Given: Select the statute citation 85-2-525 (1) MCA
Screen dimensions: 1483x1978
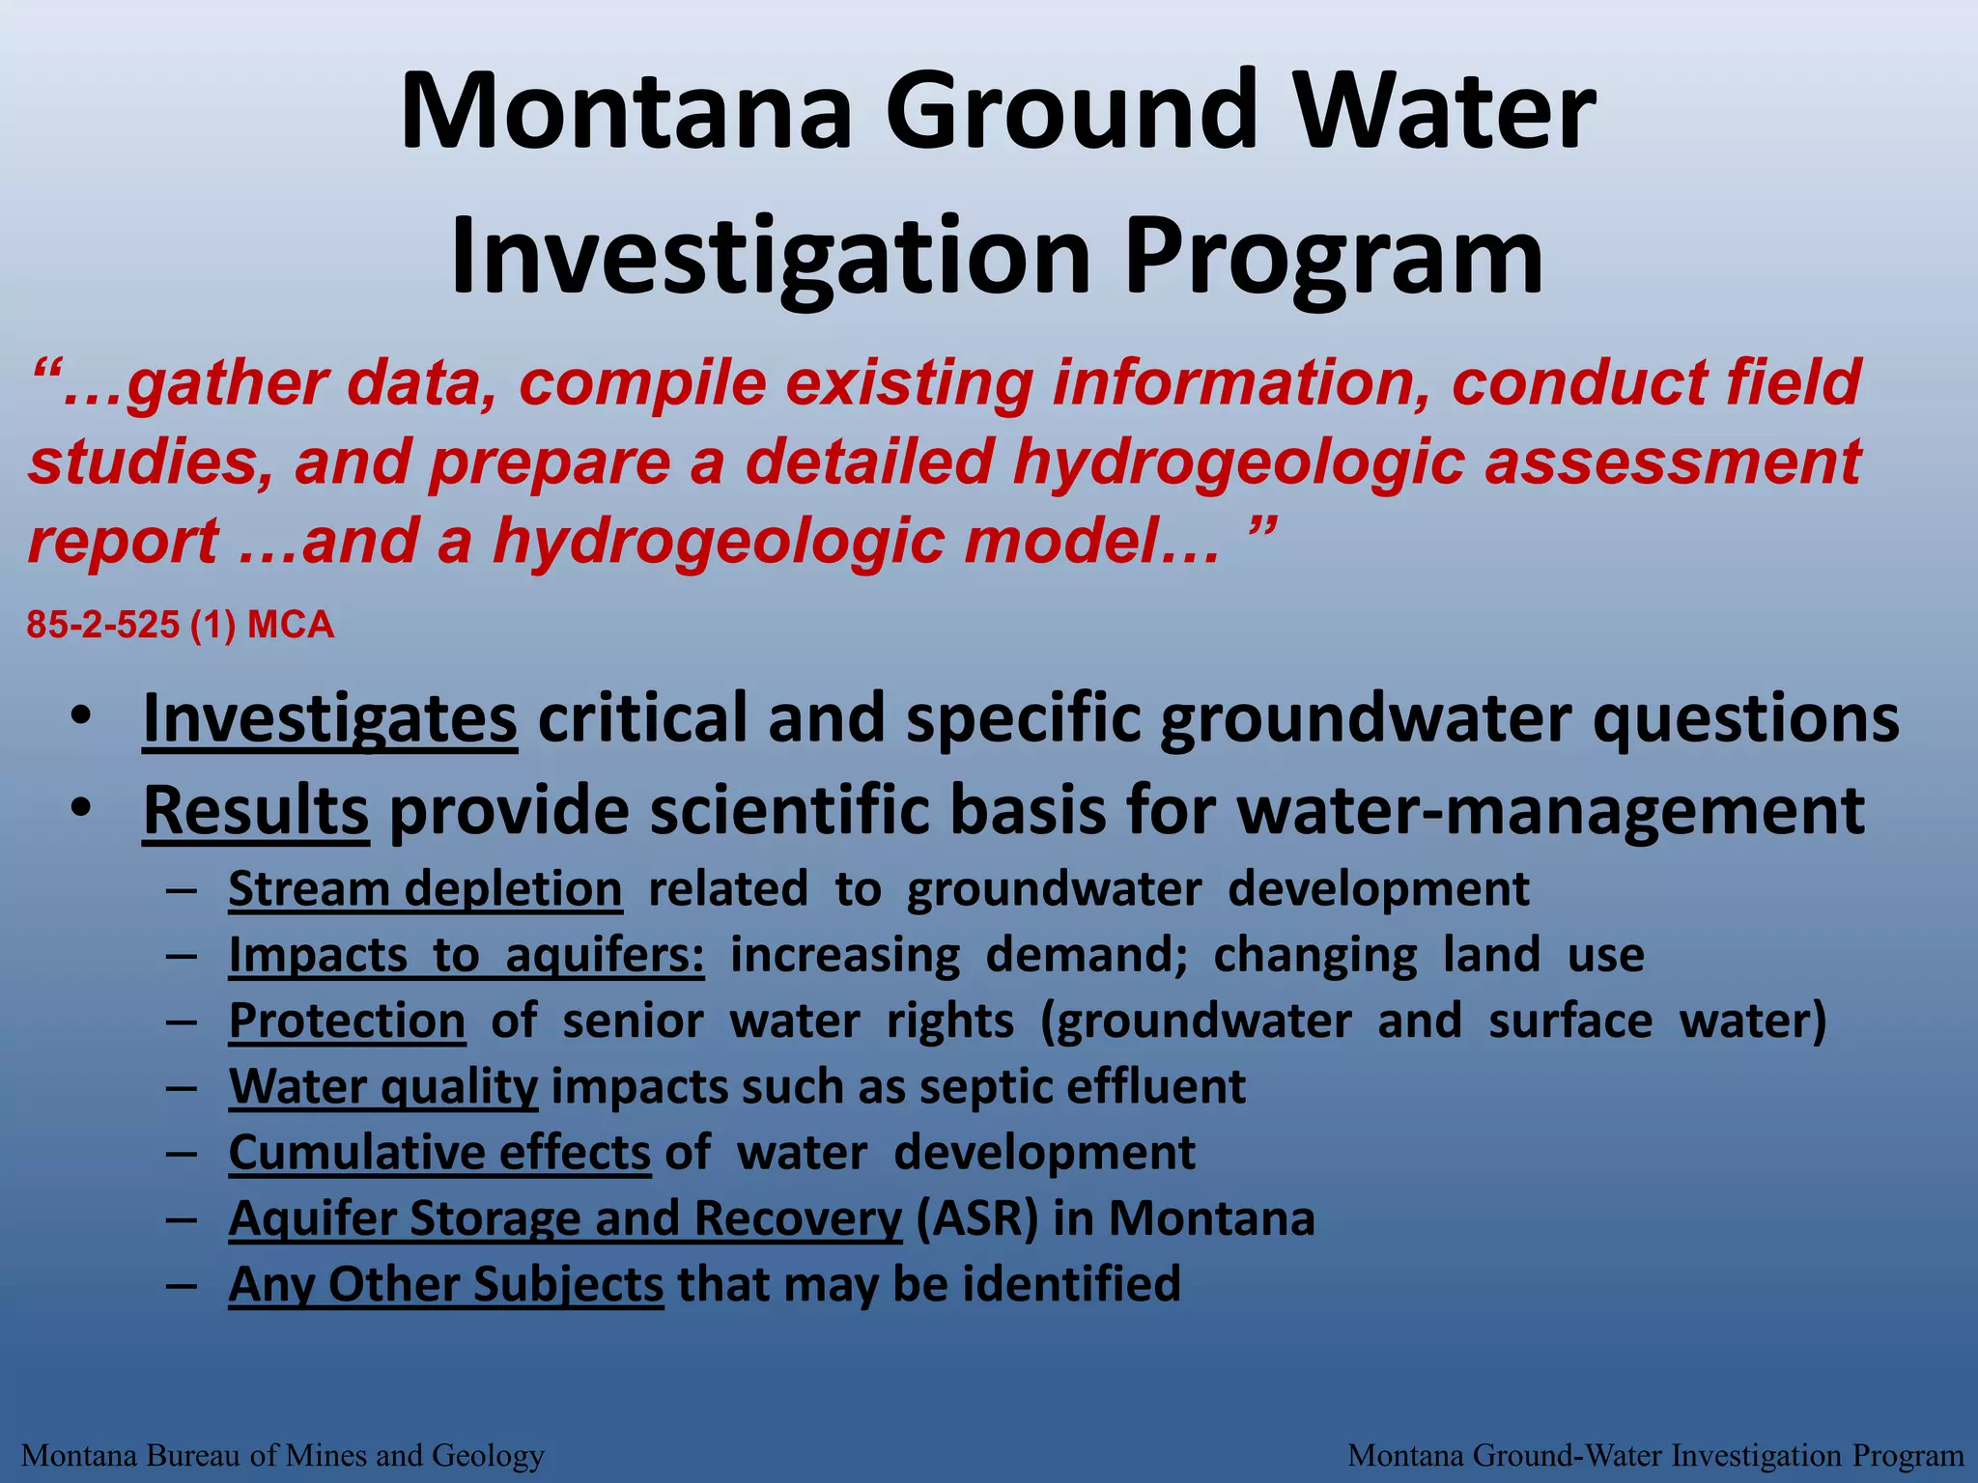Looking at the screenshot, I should pyautogui.click(x=181, y=626).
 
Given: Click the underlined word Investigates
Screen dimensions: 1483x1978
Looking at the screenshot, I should pyautogui.click(x=329, y=719).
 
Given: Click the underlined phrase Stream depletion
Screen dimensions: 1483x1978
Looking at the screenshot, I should pyautogui.click(x=425, y=889).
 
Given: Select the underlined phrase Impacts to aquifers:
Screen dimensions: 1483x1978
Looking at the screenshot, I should pyautogui.click(x=466, y=956).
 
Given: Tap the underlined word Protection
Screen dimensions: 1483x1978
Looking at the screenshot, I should pyautogui.click(x=348, y=1021).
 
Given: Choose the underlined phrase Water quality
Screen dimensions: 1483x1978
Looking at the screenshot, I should pyautogui.click(x=383, y=1087).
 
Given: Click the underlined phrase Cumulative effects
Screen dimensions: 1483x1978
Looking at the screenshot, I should pyautogui.click(x=439, y=1153).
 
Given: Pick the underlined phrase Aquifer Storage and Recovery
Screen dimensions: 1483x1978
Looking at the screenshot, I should pyautogui.click(x=565, y=1218).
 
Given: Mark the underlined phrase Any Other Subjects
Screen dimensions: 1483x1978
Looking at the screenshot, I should pyautogui.click(x=446, y=1285).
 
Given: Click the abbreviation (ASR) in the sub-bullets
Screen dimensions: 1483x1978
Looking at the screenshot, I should pyautogui.click(x=976, y=1218).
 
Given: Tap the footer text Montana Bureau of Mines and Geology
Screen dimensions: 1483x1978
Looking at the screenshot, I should pyautogui.click(x=283, y=1455).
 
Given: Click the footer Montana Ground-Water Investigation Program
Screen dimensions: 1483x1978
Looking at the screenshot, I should pyautogui.click(x=1655, y=1455).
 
